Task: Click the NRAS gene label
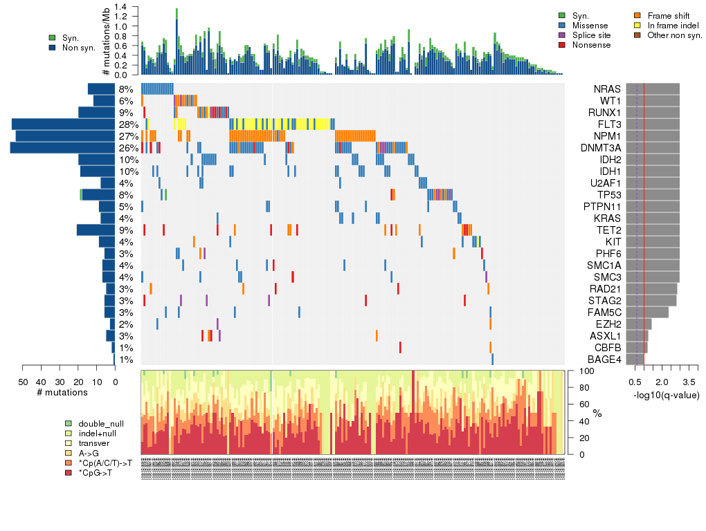tap(607, 89)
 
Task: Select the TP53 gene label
tap(607, 195)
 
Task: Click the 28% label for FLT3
tap(126, 124)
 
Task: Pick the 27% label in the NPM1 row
tap(126, 136)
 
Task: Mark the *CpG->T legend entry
tap(91, 473)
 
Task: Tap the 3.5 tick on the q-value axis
tap(689, 382)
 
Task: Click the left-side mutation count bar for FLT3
tap(64, 124)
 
